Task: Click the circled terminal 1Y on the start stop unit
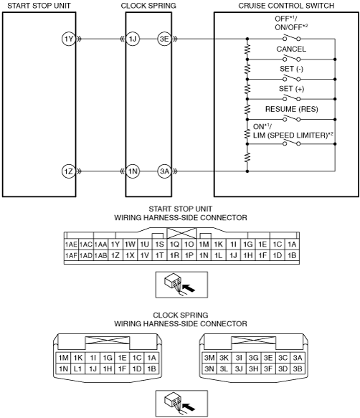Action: (69, 39)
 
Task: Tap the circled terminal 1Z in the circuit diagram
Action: (69, 171)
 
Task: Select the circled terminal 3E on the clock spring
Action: (164, 39)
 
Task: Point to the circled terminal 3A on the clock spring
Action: (164, 171)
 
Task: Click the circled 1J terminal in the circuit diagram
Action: (133, 39)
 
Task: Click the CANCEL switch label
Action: (291, 49)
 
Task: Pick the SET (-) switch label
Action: (291, 69)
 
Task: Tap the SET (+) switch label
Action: (291, 88)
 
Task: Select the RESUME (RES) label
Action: (291, 109)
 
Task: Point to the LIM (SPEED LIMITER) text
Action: (290, 136)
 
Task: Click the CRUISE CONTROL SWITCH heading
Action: (286, 6)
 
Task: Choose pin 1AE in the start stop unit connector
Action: (71, 244)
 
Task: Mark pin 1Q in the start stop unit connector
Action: (174, 244)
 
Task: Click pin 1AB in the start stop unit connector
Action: (100, 255)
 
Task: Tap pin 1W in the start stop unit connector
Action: (130, 244)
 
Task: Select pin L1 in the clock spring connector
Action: (78, 369)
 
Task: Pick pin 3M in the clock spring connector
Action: (209, 358)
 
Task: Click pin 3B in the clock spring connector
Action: (298, 369)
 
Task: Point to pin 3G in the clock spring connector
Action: (253, 358)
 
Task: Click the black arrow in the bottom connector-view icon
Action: (189, 407)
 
